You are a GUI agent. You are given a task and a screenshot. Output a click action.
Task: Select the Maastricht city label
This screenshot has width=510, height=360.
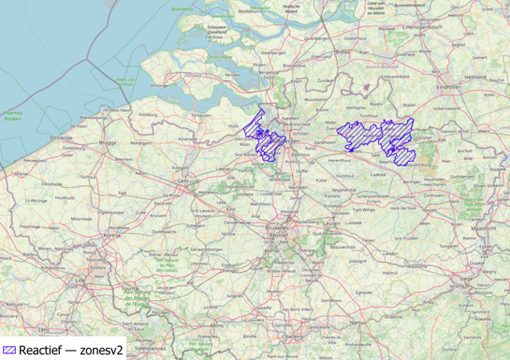(x=483, y=227)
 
